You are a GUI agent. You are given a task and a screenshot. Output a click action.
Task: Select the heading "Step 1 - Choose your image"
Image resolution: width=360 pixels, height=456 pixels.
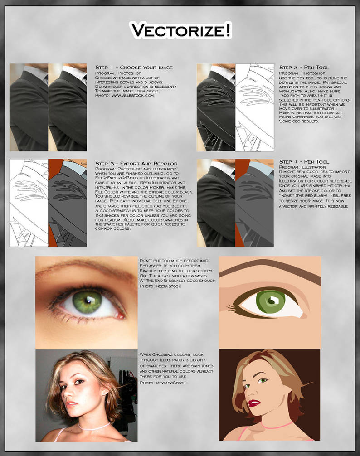pos(134,68)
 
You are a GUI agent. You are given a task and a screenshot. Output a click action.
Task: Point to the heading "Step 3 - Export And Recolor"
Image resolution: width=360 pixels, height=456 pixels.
pos(136,163)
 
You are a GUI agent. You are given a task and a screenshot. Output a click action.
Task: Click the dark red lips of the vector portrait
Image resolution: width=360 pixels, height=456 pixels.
pos(253,403)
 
